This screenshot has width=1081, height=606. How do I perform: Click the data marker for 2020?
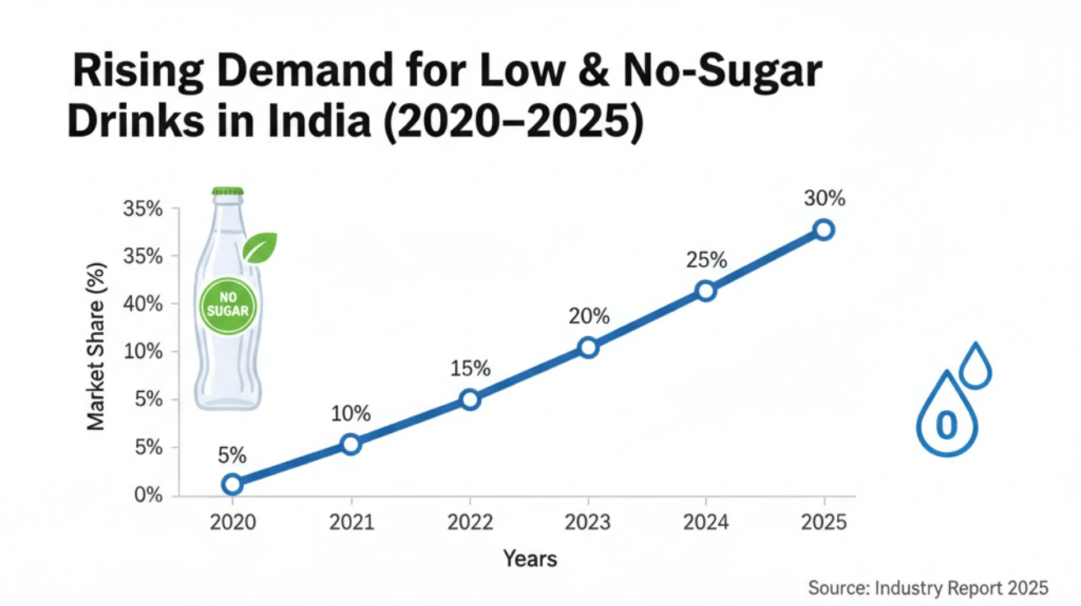(x=232, y=483)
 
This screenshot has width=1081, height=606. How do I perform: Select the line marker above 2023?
(x=587, y=347)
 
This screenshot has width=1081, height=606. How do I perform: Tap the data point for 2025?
(x=823, y=230)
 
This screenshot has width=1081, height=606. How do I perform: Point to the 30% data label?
(x=825, y=199)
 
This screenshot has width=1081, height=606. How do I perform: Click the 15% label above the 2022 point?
(x=470, y=369)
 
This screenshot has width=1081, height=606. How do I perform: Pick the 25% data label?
(x=706, y=260)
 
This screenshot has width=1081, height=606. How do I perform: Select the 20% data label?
(x=588, y=316)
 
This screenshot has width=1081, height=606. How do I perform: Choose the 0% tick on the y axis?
(x=147, y=496)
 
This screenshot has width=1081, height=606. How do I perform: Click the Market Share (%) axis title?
(x=96, y=347)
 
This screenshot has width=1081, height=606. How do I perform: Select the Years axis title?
(x=530, y=559)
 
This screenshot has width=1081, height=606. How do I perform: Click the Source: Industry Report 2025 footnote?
(x=928, y=588)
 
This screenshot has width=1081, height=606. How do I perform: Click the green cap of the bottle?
(x=228, y=191)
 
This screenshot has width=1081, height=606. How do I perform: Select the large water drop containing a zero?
(x=947, y=417)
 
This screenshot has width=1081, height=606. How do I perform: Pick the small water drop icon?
(x=976, y=366)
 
